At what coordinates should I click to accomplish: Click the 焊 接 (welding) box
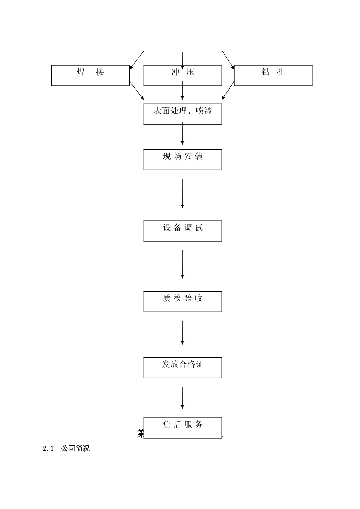90,75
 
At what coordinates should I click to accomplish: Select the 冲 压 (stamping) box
182,75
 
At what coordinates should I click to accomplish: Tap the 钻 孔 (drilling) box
273,75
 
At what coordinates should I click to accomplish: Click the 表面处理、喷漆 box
182,114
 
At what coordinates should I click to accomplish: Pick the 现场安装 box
182,159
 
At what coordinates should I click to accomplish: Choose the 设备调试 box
182,231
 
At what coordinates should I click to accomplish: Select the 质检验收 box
182,301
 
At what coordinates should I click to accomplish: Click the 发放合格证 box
182,367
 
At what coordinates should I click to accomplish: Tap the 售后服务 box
182,428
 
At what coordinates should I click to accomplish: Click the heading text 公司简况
76,449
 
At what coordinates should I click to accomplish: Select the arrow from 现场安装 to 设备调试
182,193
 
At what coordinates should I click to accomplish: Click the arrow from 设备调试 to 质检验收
182,264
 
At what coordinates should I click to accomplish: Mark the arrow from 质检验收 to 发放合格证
182,333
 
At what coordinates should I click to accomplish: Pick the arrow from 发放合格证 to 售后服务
182,398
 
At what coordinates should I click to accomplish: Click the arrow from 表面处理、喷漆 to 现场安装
182,133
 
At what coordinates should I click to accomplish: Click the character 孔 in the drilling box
280,72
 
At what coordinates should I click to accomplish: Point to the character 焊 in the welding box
81,72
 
